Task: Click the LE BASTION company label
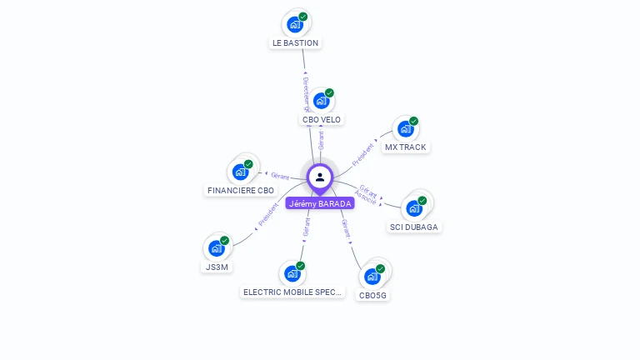295,42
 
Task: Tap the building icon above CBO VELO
321,102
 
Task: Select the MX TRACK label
405,147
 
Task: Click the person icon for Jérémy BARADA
320,177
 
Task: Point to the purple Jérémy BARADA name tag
320,203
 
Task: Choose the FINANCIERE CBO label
240,191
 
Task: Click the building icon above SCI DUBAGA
414,208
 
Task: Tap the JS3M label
216,267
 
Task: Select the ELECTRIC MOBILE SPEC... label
292,292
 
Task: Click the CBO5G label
372,295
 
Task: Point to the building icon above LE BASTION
294,25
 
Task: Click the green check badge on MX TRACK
414,122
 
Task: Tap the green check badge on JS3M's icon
225,241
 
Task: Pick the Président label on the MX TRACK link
363,154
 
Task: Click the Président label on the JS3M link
268,215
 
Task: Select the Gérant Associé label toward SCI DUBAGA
367,194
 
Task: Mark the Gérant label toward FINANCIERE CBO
279,176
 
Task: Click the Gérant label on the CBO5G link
346,229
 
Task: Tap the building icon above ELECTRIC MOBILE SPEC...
292,273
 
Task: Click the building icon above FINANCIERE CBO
240,172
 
